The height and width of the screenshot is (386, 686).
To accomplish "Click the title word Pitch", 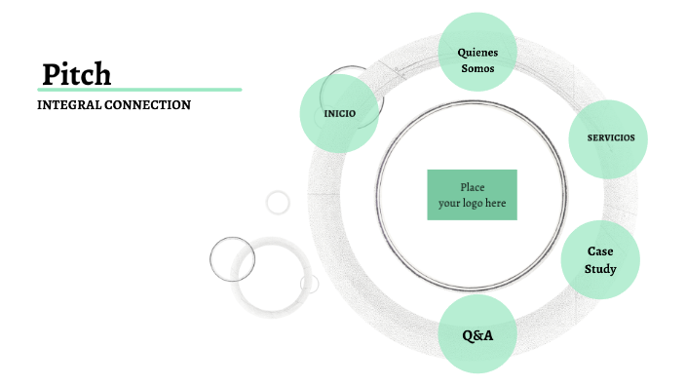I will [x=77, y=74].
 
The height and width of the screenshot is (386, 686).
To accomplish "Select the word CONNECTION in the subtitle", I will [x=149, y=104].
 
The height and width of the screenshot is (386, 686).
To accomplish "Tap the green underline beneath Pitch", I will [x=139, y=90].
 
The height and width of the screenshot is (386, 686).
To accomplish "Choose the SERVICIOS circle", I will [x=609, y=138].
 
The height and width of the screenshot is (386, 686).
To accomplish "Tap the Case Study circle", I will [x=600, y=258].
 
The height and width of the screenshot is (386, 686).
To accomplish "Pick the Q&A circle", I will [x=477, y=335].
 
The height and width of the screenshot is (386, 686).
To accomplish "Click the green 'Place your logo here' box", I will [x=472, y=195].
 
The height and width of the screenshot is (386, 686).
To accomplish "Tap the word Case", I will [x=600, y=251].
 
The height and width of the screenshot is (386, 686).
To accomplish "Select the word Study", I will [x=600, y=268].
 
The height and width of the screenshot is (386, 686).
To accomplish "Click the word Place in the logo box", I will [x=472, y=187].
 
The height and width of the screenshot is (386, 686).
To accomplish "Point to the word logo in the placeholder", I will [x=473, y=204].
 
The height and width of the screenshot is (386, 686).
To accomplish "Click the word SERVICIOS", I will [x=611, y=137].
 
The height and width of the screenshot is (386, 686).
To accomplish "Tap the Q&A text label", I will [x=477, y=335].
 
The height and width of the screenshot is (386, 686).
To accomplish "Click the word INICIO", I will [x=339, y=114].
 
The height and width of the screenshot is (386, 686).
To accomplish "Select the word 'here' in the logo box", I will [x=495, y=204].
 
